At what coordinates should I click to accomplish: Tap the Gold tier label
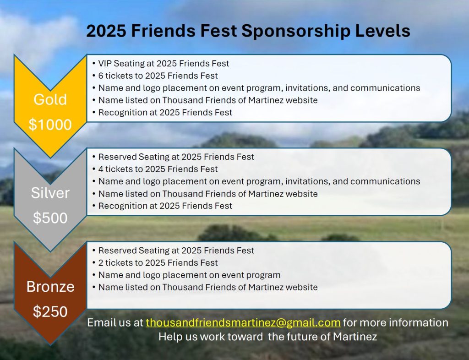pyautogui.click(x=50, y=99)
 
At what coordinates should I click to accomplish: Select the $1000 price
pyautogui.click(x=50, y=125)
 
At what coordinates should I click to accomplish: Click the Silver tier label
pyautogui.click(x=50, y=193)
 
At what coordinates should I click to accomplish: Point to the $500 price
pyautogui.click(x=50, y=218)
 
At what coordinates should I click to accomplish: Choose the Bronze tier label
pyautogui.click(x=50, y=286)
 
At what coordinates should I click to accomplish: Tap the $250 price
pyautogui.click(x=50, y=311)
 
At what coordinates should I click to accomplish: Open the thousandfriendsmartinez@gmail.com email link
pyautogui.click(x=243, y=323)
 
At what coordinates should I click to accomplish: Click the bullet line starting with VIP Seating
pyautogui.click(x=161, y=63)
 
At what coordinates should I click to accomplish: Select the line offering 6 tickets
pyautogui.click(x=155, y=76)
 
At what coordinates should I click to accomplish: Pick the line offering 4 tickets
pyautogui.click(x=155, y=169)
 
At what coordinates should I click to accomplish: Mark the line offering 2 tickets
pyautogui.click(x=155, y=262)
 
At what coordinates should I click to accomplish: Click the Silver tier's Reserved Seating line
pyautogui.click(x=173, y=157)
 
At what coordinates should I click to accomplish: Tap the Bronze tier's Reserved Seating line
pyautogui.click(x=173, y=250)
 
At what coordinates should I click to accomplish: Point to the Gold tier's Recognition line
pyautogui.click(x=162, y=112)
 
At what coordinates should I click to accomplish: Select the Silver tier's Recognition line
pyautogui.click(x=162, y=206)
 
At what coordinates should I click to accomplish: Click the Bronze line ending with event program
pyautogui.click(x=186, y=275)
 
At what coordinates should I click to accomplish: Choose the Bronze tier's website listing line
pyautogui.click(x=205, y=287)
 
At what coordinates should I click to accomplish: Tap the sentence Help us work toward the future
pyautogui.click(x=267, y=337)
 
